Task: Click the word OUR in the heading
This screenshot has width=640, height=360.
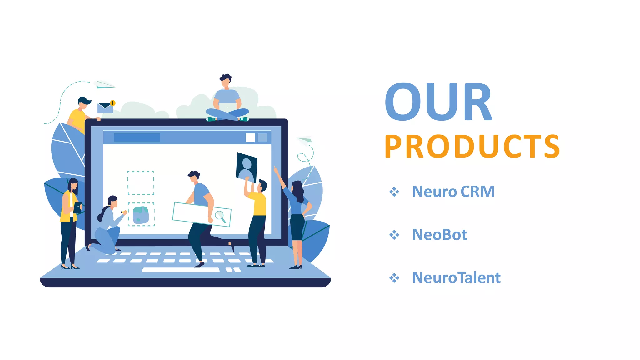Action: click(x=438, y=102)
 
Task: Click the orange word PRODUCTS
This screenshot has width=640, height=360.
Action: click(x=472, y=146)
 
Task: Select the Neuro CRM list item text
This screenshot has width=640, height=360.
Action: click(x=453, y=192)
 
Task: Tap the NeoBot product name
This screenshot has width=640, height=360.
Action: click(x=440, y=235)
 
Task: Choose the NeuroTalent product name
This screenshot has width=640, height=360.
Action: click(x=456, y=278)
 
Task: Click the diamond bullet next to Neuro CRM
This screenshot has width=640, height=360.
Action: click(x=394, y=192)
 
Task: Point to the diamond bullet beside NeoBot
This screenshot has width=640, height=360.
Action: click(x=394, y=235)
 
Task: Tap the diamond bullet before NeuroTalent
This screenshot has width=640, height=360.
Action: click(x=394, y=278)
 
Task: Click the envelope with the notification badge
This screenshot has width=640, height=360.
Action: click(x=105, y=108)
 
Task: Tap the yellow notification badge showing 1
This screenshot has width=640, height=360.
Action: click(x=112, y=103)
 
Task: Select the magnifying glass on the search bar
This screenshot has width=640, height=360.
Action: click(x=220, y=216)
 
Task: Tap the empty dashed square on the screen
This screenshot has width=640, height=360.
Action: click(x=141, y=183)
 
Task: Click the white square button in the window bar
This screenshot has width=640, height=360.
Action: click(x=250, y=137)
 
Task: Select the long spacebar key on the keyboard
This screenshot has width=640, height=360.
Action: click(x=181, y=270)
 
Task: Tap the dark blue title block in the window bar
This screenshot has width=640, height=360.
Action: click(x=137, y=137)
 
